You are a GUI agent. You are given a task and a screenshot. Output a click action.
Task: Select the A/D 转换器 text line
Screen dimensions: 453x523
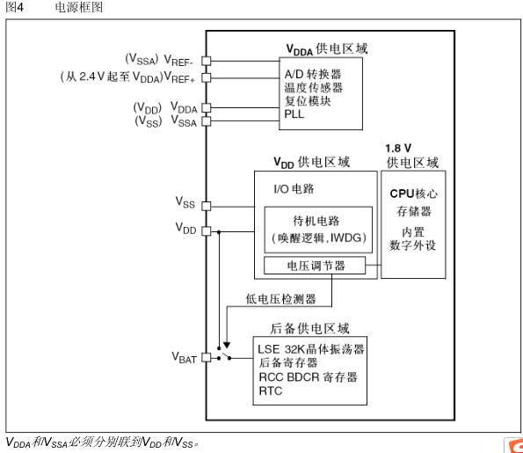312,73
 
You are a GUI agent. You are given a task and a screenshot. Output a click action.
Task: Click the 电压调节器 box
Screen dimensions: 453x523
315,266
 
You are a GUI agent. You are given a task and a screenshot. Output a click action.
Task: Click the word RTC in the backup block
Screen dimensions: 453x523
269,390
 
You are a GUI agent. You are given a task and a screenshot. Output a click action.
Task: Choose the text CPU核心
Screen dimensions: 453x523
414,194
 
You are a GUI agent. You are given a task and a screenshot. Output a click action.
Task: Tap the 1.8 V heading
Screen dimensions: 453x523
400,147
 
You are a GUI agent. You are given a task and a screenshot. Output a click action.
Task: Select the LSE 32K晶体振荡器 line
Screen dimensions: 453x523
311,348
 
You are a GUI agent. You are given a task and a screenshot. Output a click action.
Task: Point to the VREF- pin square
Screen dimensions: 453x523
207,61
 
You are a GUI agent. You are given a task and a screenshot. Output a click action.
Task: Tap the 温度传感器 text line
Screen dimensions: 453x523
313,87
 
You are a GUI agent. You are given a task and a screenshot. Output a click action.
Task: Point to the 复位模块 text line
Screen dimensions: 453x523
307,101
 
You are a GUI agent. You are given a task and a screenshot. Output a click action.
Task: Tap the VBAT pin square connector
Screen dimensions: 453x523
207,358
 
